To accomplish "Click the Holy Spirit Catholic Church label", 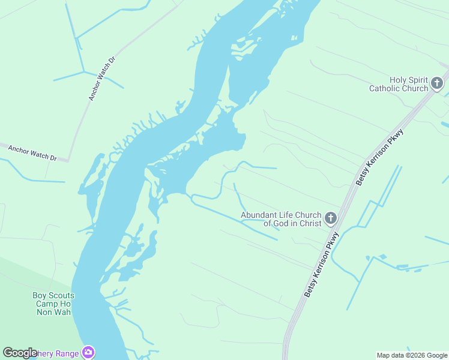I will (399, 84).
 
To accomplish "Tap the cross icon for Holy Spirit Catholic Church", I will (437, 83).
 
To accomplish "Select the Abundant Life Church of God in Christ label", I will (281, 219).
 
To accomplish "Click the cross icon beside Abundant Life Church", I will (331, 218).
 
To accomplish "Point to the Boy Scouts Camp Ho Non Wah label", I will (53, 304).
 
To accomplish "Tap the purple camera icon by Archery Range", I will (89, 352).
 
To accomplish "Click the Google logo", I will (20, 353).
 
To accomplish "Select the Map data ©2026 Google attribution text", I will (412, 355).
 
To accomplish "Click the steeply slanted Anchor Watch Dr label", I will (101, 79).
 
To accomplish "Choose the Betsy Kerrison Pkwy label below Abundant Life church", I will (321, 265).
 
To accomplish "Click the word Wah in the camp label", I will (62, 312).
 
